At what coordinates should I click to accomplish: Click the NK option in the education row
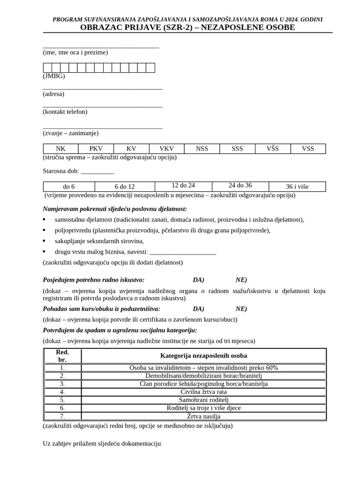60,149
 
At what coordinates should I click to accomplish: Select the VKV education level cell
166,149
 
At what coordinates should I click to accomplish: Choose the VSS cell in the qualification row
308,149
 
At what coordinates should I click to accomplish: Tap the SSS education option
237,149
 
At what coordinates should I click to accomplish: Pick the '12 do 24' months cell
183,186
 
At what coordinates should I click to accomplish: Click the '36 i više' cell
297,187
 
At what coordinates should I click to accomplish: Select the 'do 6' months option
69,187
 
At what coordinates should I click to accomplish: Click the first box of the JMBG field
47,68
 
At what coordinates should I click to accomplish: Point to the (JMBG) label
54,76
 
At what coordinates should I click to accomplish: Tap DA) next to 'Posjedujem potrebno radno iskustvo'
198,280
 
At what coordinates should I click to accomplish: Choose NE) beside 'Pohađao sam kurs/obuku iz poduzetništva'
241,309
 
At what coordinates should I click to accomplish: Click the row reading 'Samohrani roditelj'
203,400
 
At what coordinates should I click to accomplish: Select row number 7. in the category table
62,416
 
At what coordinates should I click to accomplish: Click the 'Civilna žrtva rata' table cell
203,392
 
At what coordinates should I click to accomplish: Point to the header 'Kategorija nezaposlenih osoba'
203,356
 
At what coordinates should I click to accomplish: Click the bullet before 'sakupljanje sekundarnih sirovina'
45,241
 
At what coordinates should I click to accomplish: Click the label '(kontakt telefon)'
65,112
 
